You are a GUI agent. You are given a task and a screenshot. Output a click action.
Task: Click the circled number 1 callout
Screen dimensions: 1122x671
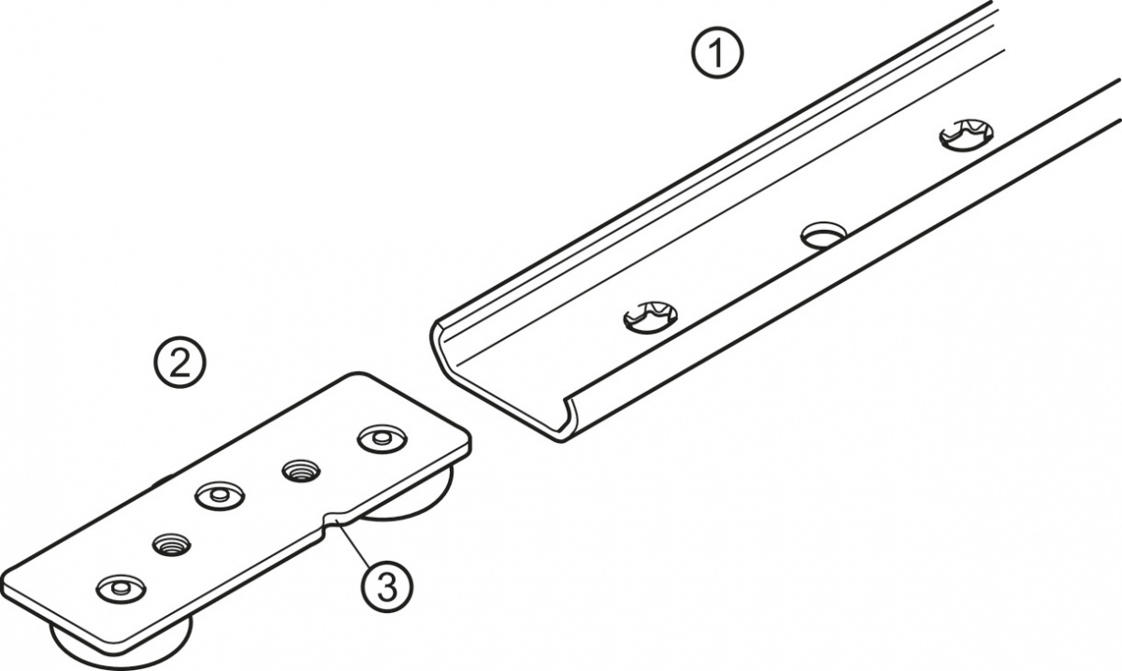(717, 53)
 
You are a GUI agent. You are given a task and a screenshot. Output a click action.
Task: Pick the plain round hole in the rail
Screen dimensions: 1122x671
(824, 235)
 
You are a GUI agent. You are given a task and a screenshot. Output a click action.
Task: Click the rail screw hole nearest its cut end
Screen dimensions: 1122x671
(650, 317)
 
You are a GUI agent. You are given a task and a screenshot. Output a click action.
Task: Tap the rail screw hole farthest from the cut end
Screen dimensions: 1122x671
(966, 135)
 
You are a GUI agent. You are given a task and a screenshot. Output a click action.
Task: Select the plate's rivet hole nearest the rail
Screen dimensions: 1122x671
(382, 439)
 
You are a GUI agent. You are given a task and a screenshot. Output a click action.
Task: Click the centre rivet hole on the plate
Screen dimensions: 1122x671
(220, 495)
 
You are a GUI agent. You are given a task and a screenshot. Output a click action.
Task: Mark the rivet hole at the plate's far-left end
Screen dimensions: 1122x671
(122, 589)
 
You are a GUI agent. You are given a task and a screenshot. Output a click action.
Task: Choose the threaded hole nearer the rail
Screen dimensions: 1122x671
(301, 472)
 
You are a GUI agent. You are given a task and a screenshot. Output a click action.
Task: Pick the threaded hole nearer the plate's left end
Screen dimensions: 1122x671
(171, 544)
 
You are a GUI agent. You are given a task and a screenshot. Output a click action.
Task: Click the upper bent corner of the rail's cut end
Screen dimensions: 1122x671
(436, 328)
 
